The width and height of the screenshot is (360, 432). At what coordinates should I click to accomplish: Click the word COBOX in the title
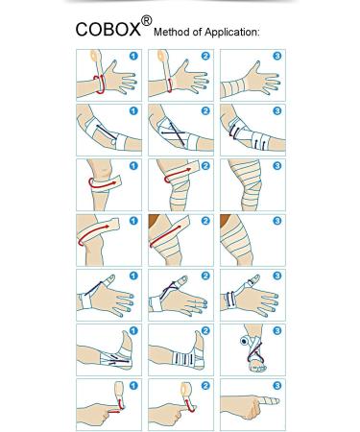point(108,29)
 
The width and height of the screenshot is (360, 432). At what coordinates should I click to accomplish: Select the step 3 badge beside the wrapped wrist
point(276,56)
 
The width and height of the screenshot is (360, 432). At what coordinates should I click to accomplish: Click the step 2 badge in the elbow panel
point(204,110)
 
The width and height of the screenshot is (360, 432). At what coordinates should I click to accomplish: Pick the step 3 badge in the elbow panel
point(276,110)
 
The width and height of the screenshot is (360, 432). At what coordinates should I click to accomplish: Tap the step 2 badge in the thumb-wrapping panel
point(204,276)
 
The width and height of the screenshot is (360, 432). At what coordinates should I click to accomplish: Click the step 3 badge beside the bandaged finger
point(276,387)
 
